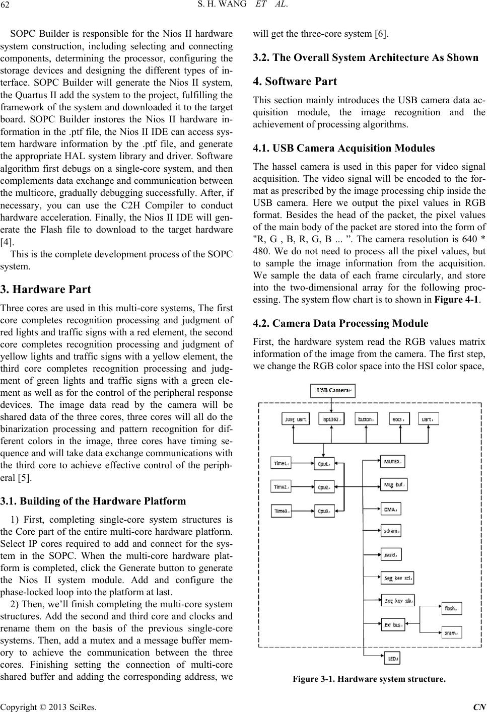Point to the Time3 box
click(281, 511)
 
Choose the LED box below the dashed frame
click(391, 658)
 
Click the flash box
click(451, 608)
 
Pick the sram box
click(451, 632)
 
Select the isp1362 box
click(331, 419)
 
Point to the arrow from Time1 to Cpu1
click(302, 463)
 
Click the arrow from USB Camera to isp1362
click(331, 404)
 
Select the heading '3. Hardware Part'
click(46, 290)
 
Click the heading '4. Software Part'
click(295, 81)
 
